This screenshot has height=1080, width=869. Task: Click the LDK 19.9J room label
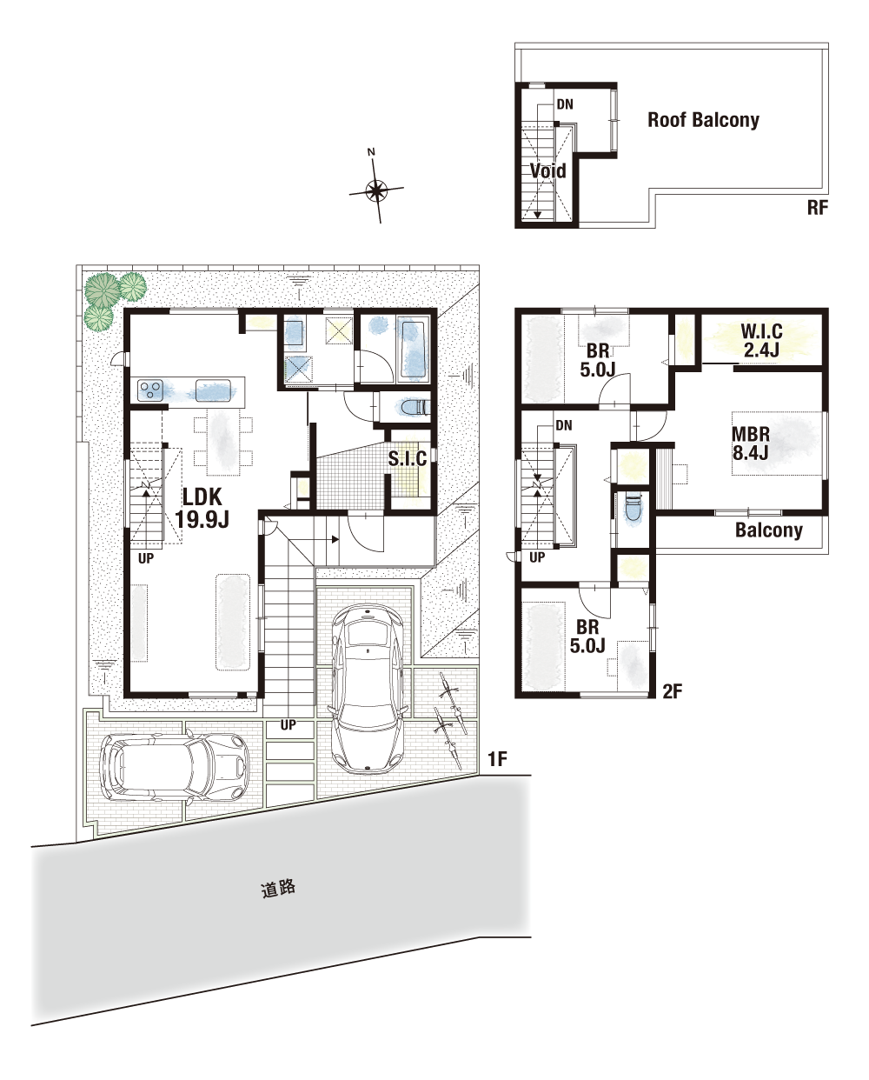coord(202,508)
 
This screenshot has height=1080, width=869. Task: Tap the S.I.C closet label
coord(408,458)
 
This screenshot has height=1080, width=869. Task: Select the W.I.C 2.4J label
coord(761,340)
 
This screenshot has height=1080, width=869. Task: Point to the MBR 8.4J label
coord(751,443)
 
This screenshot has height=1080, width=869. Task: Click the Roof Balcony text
coord(703,120)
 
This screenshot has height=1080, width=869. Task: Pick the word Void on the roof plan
coord(547,170)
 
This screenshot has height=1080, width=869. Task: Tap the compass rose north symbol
coord(375,190)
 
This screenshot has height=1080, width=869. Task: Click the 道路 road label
coord(278,889)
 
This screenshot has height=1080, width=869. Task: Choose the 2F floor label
coord(673,691)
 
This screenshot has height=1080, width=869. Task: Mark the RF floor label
coord(818,208)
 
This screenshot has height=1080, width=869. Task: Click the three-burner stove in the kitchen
coord(151,390)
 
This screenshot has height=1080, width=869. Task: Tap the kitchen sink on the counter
coord(213,390)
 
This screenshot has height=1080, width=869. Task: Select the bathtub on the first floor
coord(415,350)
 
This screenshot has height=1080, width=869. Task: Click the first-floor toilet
coord(415,407)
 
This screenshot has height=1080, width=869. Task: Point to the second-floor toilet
coord(634,507)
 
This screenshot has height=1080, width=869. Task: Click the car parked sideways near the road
coord(176,767)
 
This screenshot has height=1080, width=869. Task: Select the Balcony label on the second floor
coord(769,530)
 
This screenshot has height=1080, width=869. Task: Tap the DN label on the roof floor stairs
coord(565,104)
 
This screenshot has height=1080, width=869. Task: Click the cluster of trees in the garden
coord(113,299)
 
